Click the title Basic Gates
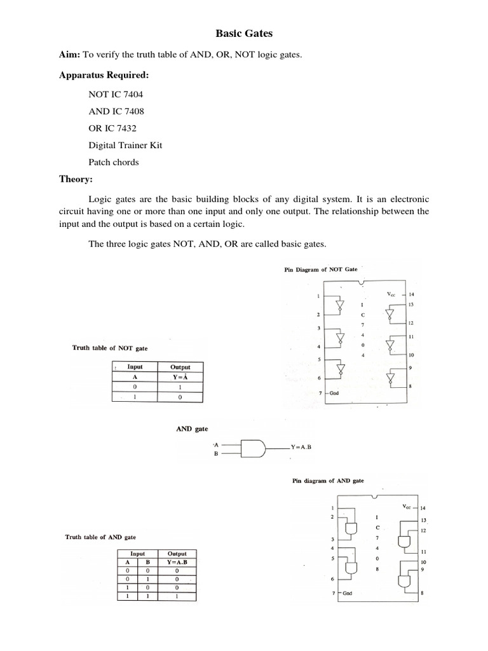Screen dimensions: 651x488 244,32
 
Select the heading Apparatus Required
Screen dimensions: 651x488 104,76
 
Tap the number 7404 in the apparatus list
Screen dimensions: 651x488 125,93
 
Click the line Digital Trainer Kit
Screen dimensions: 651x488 125,145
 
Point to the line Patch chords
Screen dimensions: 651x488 114,162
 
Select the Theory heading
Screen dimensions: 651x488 76,179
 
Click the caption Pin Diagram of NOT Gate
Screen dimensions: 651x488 320,270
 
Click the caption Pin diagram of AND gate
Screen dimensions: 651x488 328,481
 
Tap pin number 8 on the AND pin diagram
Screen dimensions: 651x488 422,593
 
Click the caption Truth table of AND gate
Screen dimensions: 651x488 100,537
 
